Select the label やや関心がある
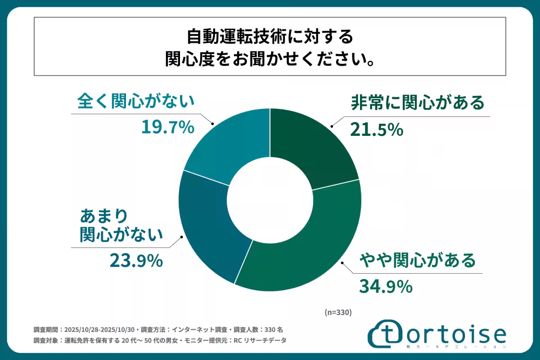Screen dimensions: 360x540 click(417, 260)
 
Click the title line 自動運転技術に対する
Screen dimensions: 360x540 click(270, 36)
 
